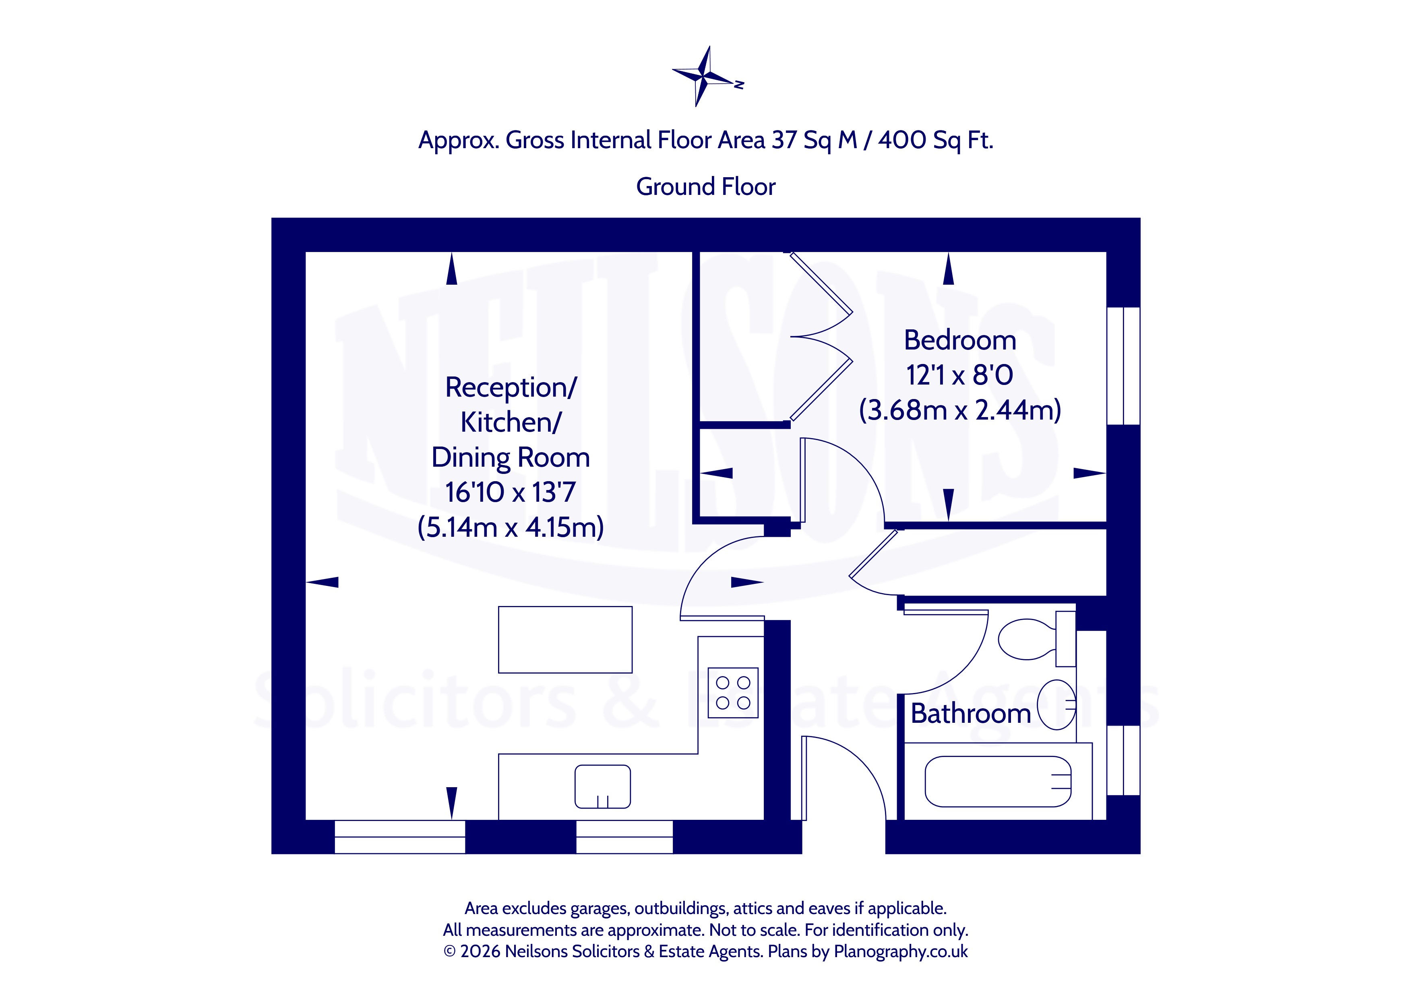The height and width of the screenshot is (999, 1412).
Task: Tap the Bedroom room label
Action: point(959,340)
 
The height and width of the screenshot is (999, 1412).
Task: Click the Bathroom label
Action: point(970,714)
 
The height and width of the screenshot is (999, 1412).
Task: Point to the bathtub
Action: point(998,781)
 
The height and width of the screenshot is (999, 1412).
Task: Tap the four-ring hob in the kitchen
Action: point(733,693)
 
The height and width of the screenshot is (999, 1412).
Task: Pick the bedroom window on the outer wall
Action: point(1124,366)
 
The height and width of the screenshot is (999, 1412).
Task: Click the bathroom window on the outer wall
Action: point(1124,760)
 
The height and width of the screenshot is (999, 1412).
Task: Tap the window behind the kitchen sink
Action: point(624,837)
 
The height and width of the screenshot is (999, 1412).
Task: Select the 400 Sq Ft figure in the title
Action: point(935,140)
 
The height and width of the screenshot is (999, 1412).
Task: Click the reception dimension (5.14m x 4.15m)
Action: point(511,527)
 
